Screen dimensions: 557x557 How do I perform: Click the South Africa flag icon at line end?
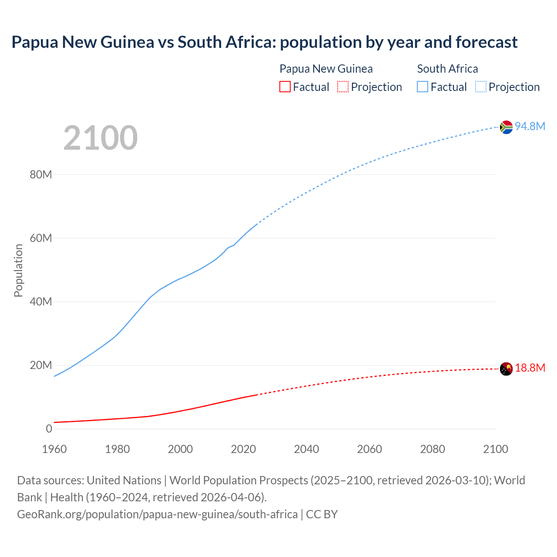pos(506,127)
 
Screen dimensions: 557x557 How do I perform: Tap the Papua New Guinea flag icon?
pos(506,369)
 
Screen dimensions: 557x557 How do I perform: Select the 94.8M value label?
pos(530,126)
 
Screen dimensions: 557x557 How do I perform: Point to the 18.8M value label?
pos(530,368)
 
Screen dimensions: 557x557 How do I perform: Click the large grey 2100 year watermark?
pos(101,138)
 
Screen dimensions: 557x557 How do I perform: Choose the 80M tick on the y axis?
pos(41,174)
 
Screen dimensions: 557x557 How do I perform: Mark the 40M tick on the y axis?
pos(41,302)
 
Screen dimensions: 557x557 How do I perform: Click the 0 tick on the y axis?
pos(49,429)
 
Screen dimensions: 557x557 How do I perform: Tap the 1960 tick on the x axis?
pos(54,449)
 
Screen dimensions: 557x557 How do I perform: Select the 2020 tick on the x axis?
pos(243,449)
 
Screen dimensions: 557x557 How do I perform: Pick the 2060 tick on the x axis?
pos(369,449)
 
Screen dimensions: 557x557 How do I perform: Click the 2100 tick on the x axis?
pos(495,449)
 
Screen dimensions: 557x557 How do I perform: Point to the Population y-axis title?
pos(18,270)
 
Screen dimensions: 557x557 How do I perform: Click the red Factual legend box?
pos(285,87)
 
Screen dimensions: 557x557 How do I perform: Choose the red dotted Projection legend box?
pos(343,87)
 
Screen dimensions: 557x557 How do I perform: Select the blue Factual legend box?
pos(423,87)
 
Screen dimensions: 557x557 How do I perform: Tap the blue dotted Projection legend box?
pos(481,87)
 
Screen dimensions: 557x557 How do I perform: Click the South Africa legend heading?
pos(447,69)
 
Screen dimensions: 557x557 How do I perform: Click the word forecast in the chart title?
pos(487,42)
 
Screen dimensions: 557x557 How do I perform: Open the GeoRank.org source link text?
pos(158,514)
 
